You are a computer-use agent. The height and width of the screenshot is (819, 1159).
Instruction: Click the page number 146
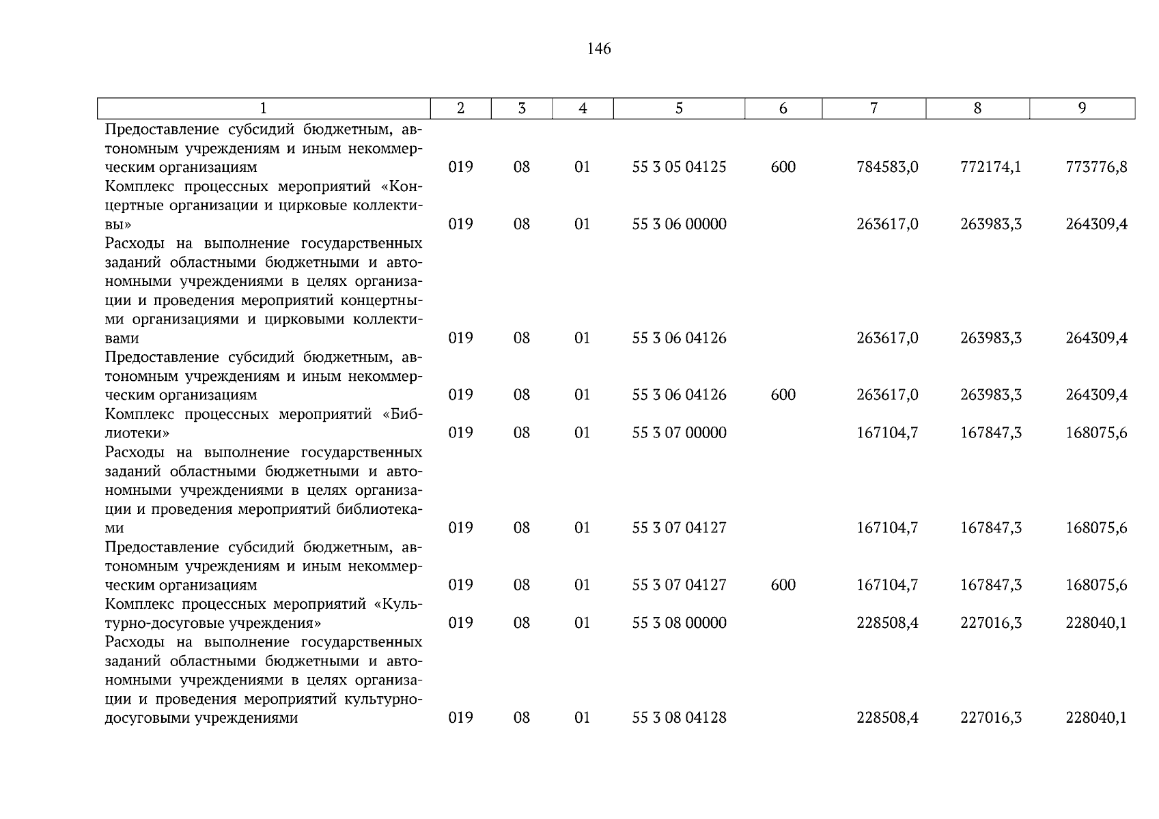[598, 49]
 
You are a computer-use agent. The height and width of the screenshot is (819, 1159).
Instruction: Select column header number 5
[679, 109]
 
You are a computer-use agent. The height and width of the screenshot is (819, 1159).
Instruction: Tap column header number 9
[1082, 109]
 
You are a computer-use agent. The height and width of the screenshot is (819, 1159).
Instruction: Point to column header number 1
[264, 109]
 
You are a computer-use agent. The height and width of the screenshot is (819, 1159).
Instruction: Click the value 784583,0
[887, 167]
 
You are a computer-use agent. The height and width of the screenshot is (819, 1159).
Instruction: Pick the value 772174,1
[990, 167]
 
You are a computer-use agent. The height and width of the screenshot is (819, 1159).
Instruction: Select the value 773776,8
[1096, 167]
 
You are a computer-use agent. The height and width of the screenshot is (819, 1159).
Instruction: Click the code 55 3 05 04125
[679, 167]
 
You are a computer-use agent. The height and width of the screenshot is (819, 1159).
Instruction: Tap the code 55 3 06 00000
[679, 225]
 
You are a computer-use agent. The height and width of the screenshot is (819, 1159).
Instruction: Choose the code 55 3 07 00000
[679, 433]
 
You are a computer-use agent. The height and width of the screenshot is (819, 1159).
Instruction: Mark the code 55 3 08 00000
[679, 622]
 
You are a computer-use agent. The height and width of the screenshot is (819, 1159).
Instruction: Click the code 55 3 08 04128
[679, 717]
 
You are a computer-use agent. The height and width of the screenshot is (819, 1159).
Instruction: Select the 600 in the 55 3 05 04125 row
[783, 167]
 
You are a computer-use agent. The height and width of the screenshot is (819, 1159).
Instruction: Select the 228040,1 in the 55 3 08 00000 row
[1096, 622]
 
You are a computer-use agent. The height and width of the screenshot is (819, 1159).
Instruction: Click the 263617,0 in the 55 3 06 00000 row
[887, 225]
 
